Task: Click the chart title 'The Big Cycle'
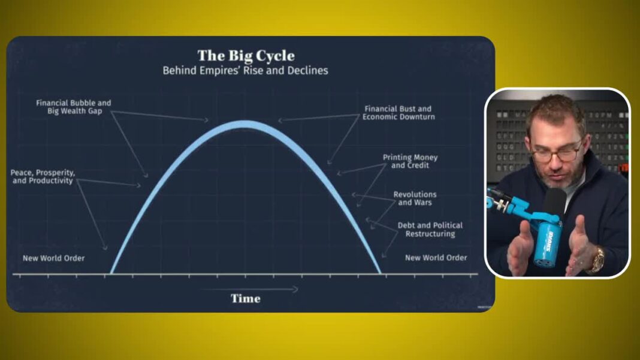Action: coord(246,56)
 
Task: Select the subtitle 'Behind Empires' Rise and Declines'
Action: coord(245,70)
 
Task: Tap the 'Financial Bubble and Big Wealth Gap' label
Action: coord(74,107)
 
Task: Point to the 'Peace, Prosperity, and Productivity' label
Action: coord(43,177)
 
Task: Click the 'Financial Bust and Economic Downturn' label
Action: coord(399,113)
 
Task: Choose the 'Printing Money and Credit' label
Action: coord(410,161)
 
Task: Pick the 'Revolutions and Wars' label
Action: coord(415,198)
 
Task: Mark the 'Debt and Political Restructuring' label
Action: coord(430,229)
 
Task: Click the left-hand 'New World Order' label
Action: coord(53,258)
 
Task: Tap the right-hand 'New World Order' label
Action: coord(436,258)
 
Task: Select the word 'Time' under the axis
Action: coord(245,298)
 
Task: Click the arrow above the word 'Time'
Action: coord(249,289)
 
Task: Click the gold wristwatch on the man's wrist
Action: coord(597,259)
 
